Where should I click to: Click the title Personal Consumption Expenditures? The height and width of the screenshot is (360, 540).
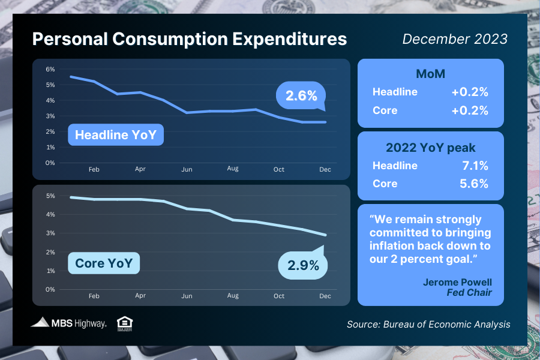pos(189,39)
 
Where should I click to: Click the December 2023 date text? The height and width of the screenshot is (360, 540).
pos(455,39)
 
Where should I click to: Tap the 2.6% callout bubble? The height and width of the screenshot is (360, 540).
pos(301,95)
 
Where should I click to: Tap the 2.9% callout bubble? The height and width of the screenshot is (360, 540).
pos(302,265)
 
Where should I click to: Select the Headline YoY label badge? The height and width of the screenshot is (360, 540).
pos(115,135)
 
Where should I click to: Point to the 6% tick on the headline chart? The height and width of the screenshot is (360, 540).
pos(50,69)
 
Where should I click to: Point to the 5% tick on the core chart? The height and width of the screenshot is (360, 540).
pos(50,196)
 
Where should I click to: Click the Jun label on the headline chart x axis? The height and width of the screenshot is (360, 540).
pos(187,170)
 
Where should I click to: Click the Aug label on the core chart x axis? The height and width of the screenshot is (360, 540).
pos(233,296)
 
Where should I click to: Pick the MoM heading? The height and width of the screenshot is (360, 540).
pos(430,74)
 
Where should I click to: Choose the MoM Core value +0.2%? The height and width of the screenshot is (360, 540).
pos(470,110)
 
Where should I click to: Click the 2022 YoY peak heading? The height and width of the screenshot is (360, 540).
pos(430,147)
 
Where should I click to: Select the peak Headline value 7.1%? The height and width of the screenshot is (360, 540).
pos(473,165)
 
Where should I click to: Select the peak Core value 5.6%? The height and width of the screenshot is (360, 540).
pos(473,184)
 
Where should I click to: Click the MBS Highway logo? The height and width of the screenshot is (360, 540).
pos(68,323)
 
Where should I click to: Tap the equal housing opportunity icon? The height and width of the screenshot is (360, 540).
pos(125,323)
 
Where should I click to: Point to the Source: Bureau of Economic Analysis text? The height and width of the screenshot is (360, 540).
pos(428,324)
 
